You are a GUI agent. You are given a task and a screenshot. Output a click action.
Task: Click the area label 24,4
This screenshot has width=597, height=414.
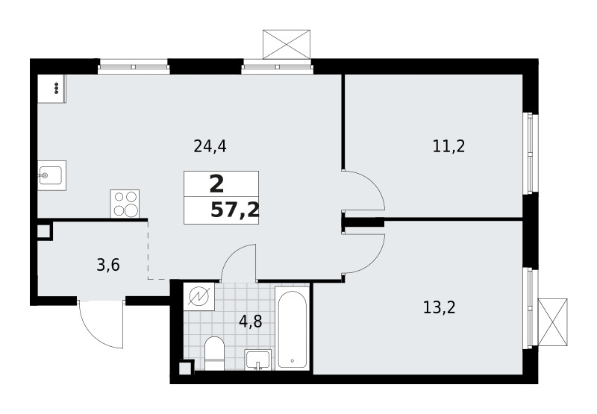tap(210, 146)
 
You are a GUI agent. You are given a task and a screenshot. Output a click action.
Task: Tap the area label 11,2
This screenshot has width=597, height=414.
tap(448, 146)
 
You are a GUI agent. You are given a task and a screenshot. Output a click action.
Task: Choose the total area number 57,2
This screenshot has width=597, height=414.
tap(235, 210)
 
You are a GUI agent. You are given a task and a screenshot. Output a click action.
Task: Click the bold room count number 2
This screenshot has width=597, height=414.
tap(216, 184)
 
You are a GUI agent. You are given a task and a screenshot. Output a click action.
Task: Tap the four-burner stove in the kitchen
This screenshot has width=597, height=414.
tap(125, 204)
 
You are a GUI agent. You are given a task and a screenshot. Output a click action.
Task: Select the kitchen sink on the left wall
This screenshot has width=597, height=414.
tap(51, 176)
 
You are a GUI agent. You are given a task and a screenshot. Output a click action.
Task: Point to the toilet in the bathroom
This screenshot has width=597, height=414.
tap(214, 353)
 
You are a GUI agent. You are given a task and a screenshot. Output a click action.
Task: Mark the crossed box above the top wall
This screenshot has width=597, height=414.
tap(287, 45)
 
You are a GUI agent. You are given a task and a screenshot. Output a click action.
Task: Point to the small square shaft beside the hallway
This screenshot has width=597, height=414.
tap(44, 230)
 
